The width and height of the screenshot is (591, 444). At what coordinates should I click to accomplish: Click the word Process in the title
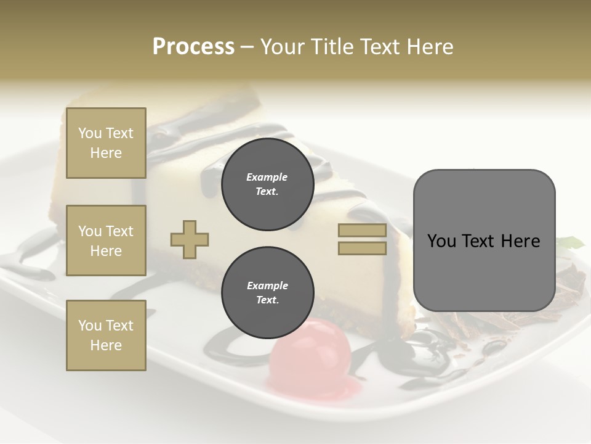(x=193, y=47)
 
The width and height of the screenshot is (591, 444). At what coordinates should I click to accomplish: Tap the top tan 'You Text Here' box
(x=106, y=143)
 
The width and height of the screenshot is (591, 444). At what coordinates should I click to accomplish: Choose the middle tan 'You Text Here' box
(x=106, y=240)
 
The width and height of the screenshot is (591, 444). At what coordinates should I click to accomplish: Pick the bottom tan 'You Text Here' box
(x=106, y=335)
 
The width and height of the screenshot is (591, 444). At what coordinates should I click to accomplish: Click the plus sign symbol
(x=189, y=239)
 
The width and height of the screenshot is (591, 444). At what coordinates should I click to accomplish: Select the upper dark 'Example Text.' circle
(x=267, y=184)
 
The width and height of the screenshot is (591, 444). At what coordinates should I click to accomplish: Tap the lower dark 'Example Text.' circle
(x=267, y=293)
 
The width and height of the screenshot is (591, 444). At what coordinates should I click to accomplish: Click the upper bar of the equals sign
(x=362, y=230)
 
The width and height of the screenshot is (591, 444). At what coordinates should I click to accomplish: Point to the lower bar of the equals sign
(x=362, y=248)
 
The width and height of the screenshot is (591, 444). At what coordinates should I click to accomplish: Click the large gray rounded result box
(x=484, y=240)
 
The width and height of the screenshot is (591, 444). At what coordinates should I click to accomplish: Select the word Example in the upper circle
(x=267, y=177)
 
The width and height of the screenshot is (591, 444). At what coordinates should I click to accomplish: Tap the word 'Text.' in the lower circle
(x=267, y=300)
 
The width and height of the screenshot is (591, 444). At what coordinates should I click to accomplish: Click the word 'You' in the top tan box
(x=90, y=133)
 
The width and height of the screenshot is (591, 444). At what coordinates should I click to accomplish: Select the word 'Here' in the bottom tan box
(x=106, y=345)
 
